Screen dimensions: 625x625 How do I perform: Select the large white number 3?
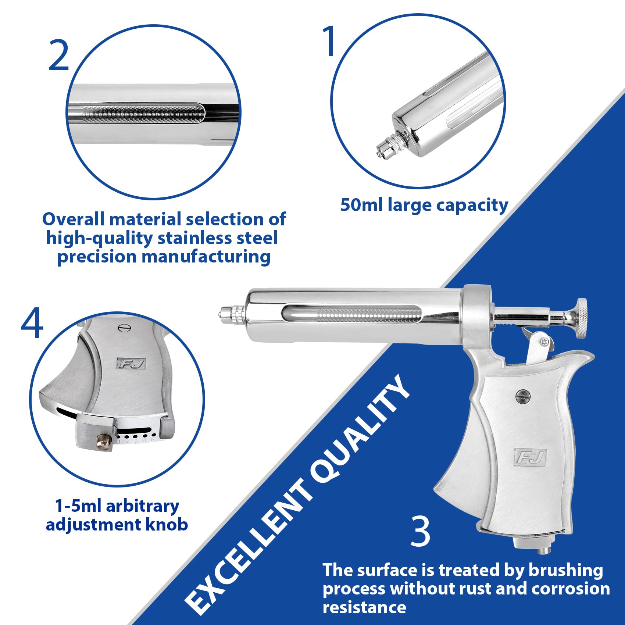coord(420,531)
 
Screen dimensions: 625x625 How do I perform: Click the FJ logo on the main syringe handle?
coord(530,457)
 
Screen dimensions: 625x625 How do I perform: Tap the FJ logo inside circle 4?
coord(132,363)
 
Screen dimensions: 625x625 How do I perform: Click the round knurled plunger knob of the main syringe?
coord(581,318)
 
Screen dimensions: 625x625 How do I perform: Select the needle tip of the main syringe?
coord(222,315)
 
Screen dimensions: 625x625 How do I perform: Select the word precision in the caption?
coord(97,257)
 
